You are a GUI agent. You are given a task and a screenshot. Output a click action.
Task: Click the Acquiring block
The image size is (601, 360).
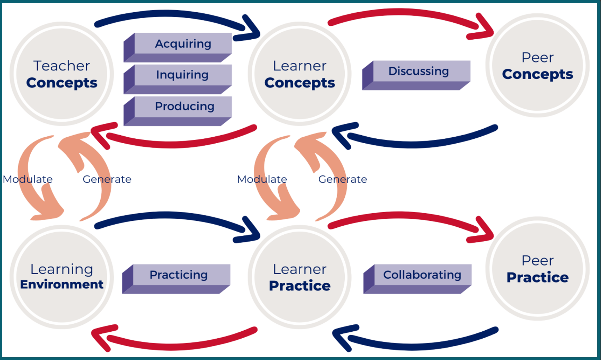(x=178, y=48)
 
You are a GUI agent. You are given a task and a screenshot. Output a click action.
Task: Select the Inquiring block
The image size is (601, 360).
(x=178, y=79)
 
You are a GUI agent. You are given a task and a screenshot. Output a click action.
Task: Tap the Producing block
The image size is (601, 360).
(x=178, y=111)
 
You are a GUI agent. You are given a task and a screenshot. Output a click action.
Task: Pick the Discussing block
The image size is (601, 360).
(x=416, y=75)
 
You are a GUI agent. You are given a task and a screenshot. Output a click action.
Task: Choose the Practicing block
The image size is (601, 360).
(x=176, y=279)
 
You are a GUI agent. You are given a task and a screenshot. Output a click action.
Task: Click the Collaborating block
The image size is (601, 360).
(x=417, y=279)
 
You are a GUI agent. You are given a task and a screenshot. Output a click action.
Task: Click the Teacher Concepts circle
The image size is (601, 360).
(x=62, y=74)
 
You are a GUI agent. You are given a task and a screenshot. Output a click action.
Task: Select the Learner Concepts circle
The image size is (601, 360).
(x=300, y=74)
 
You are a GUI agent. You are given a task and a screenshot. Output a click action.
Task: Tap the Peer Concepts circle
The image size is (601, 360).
(x=538, y=65)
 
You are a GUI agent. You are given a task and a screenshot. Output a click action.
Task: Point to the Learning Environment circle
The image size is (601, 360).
(x=62, y=277)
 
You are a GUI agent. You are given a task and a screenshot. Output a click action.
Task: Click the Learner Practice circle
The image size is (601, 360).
(x=300, y=277)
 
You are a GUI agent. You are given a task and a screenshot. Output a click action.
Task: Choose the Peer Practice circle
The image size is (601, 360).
(x=538, y=269)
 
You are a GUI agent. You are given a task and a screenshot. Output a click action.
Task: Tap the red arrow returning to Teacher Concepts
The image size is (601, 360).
(x=174, y=144)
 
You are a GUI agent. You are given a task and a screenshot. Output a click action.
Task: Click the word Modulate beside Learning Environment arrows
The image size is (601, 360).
(x=28, y=179)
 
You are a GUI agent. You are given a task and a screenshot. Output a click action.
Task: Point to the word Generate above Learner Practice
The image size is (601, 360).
(x=342, y=179)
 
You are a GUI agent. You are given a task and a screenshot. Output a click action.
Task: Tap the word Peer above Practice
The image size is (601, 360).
(x=538, y=261)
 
